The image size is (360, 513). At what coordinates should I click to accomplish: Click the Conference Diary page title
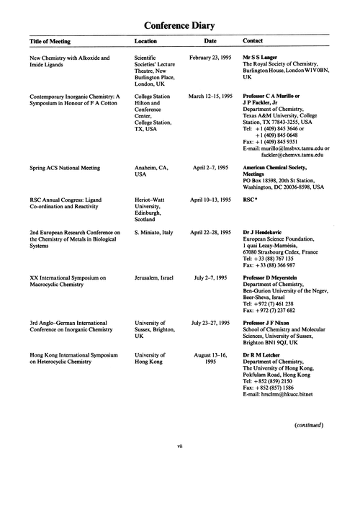[180, 27]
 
